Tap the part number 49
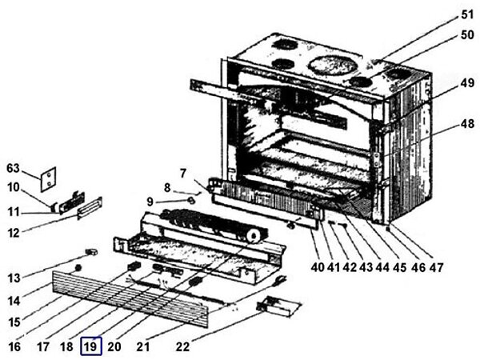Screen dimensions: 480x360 [x=467, y=83]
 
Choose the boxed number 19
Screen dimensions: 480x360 [x=91, y=346]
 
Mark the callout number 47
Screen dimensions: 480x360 [x=435, y=266]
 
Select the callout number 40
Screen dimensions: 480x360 [x=318, y=266]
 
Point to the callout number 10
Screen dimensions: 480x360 [x=13, y=187]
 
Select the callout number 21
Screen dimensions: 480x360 [x=143, y=346]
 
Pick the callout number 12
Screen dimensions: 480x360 [x=13, y=233]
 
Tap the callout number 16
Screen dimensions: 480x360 [x=13, y=346]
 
